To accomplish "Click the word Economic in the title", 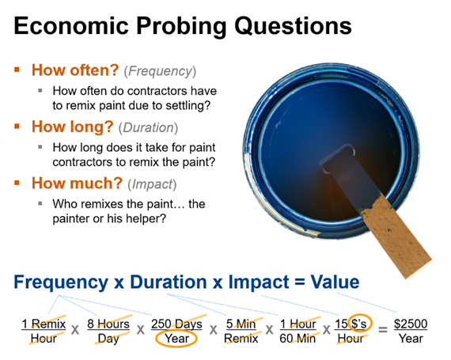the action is click(71, 25).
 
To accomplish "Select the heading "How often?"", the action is click(75, 70).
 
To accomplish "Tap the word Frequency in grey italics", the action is click(160, 71).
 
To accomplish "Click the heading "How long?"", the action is click(73, 127).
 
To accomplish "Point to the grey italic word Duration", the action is click(148, 127).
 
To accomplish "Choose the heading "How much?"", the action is click(77, 183).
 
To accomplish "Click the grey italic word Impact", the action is click(152, 184).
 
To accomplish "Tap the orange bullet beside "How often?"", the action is click(17, 70).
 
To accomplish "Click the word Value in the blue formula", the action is click(335, 282).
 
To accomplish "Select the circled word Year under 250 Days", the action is click(176, 339).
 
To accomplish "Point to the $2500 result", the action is click(411, 324).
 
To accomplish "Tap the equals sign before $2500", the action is click(382, 329).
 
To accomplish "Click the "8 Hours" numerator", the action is click(108, 324).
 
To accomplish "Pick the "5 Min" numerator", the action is click(241, 324).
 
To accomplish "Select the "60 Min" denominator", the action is click(298, 339).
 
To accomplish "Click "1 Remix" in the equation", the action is click(44, 324).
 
